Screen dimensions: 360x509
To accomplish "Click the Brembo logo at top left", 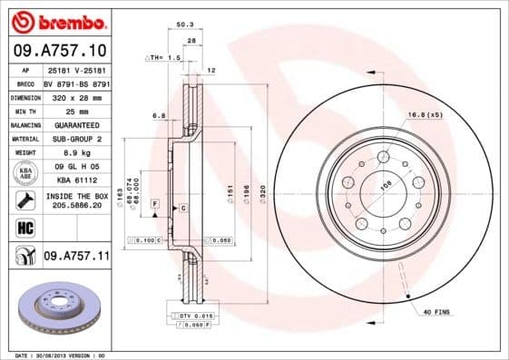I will [x=55, y=20].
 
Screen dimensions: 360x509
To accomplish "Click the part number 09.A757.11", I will [x=77, y=258].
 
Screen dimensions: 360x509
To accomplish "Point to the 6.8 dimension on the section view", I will [x=158, y=115].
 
